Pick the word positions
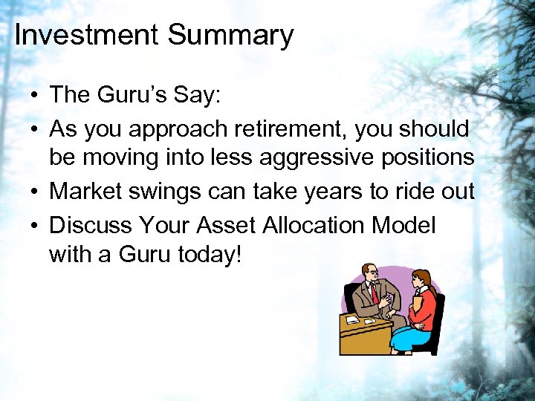[x=432, y=157]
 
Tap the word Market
[x=91, y=192]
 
